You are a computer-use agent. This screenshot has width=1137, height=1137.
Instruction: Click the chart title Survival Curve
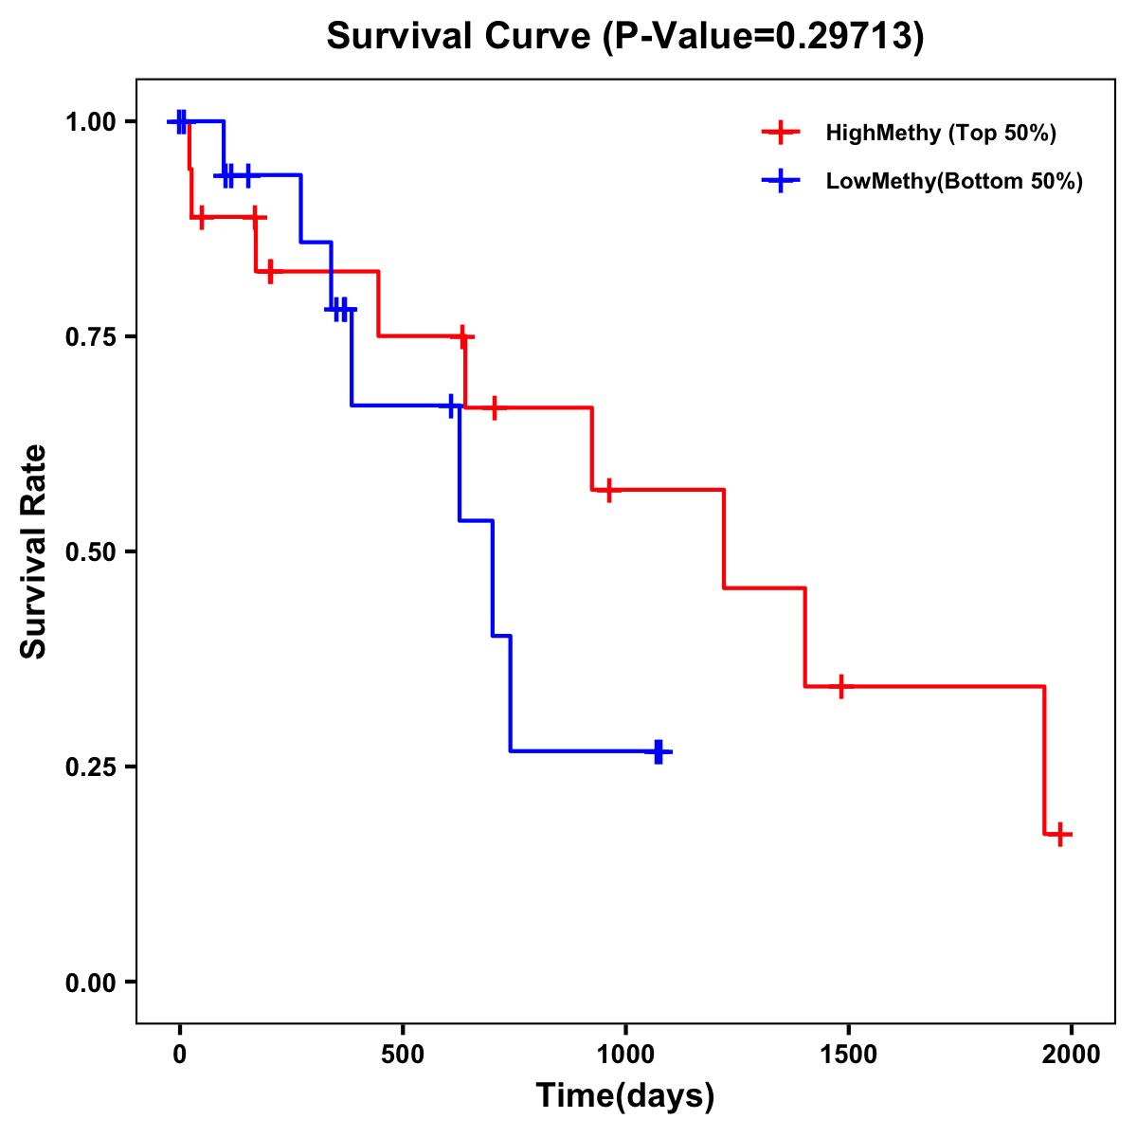[x=624, y=36]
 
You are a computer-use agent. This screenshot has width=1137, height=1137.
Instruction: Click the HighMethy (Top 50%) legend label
[x=941, y=133]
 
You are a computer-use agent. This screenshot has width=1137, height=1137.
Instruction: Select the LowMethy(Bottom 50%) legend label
[x=954, y=181]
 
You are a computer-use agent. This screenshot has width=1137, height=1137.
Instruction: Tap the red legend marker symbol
[x=781, y=133]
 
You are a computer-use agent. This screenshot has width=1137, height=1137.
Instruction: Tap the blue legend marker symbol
[x=781, y=181]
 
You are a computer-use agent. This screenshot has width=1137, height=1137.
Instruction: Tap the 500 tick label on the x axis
[x=403, y=1056]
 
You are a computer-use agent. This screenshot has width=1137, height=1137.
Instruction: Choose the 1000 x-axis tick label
[x=625, y=1056]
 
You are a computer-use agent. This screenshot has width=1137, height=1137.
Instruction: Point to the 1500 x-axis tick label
[x=848, y=1056]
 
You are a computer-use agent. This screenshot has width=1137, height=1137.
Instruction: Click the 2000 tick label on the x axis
[x=1072, y=1056]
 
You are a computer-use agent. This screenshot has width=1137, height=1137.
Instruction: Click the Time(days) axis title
[x=625, y=1096]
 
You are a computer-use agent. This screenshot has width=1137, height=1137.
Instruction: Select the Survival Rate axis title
[x=34, y=551]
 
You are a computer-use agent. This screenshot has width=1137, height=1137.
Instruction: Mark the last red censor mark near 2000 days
[x=1061, y=835]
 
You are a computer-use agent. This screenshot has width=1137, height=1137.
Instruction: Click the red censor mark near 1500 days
[x=840, y=686]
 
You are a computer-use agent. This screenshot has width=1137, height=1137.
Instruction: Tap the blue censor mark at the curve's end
[x=659, y=751]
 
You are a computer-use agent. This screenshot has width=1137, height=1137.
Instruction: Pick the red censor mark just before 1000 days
[x=609, y=490]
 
